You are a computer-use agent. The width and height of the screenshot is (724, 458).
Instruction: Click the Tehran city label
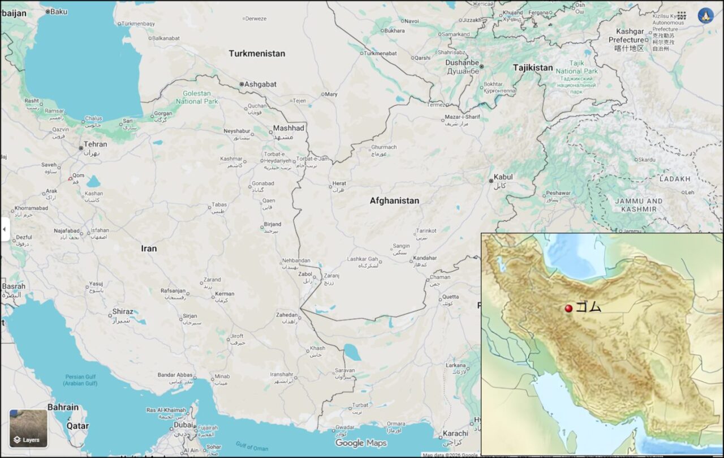click(95, 144)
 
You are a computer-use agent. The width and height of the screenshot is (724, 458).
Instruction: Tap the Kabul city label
click(503, 177)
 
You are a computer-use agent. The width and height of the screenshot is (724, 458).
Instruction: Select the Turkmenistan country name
click(257, 53)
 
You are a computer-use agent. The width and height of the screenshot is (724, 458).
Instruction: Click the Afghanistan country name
click(394, 200)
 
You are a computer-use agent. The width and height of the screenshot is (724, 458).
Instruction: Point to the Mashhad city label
click(288, 129)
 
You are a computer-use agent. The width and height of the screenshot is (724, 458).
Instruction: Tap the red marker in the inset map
click(568, 308)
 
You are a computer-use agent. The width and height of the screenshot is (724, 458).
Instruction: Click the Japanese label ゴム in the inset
click(588, 307)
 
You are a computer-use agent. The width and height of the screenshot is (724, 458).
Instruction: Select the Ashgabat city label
click(260, 84)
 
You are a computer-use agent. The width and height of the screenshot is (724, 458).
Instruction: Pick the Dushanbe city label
click(462, 63)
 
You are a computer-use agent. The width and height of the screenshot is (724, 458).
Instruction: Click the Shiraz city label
click(123, 311)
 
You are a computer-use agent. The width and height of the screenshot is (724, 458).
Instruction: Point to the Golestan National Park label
click(197, 97)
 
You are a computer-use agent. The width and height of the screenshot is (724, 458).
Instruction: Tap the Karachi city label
click(456, 434)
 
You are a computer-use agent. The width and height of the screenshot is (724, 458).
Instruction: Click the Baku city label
click(58, 11)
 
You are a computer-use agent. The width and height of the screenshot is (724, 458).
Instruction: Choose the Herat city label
click(339, 183)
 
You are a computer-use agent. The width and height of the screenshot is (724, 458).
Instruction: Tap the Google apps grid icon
click(682, 16)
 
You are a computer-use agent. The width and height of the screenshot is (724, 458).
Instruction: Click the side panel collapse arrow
click(5, 229)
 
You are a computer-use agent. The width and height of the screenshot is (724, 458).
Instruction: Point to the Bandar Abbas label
click(175, 375)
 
